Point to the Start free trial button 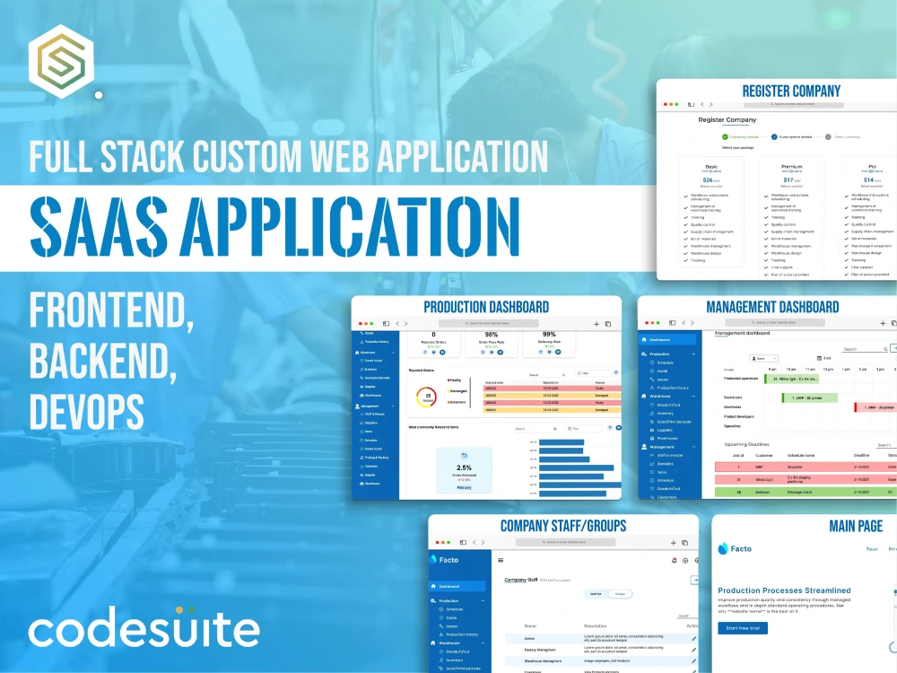point(742,627)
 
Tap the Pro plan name point(871,166)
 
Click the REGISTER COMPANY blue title point(791,91)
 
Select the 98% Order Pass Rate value point(465,335)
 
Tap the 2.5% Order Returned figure point(464,468)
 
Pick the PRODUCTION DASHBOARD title point(486,307)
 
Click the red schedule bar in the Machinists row point(875,406)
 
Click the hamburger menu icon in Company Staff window point(501,560)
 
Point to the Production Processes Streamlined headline point(784,590)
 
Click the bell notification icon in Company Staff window point(674,560)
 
